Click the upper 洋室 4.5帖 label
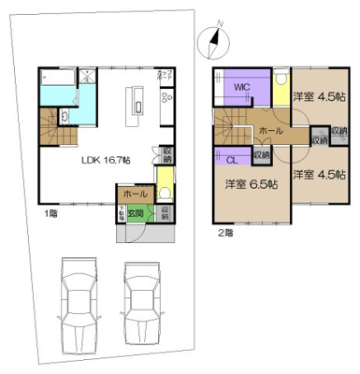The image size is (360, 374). pos(316,95)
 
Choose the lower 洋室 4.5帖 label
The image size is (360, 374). pos(315,175)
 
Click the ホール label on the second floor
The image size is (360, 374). pos(271,132)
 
